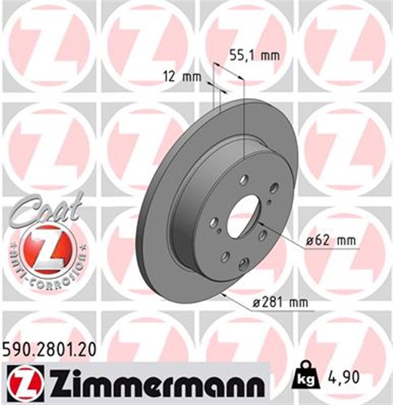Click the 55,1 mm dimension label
click(x=254, y=56)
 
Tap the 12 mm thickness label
click(x=182, y=78)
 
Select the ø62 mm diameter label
click(x=330, y=240)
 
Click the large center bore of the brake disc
click(x=243, y=216)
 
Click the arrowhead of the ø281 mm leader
click(x=221, y=295)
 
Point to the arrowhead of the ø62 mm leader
click(x=258, y=224)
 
